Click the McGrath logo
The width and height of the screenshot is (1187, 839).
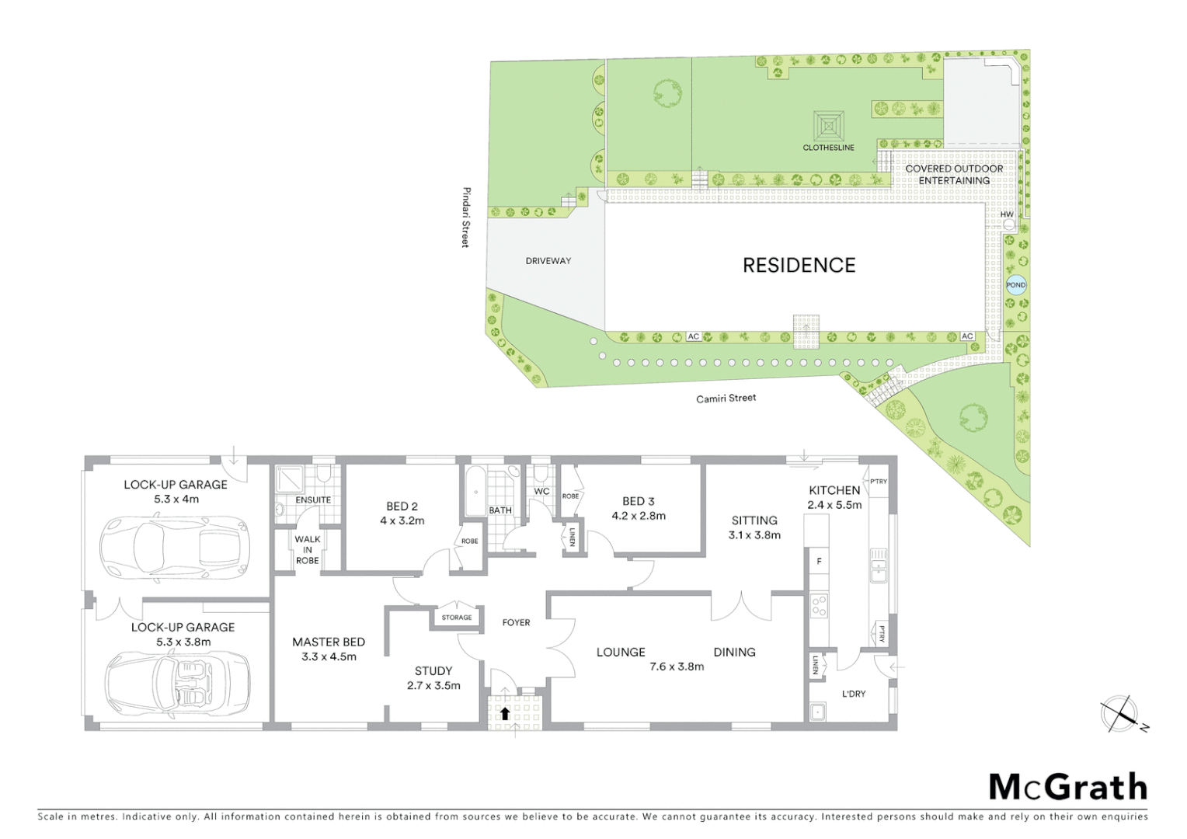coord(1067,787)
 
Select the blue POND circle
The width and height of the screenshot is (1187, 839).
coord(1015,285)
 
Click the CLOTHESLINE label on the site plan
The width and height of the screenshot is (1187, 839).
coord(828,148)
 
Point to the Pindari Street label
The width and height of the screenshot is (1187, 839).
coord(466,217)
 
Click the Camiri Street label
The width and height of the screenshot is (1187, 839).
coord(726,398)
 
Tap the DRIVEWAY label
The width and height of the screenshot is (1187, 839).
coord(548,261)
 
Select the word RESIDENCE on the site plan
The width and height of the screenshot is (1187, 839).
coord(799,266)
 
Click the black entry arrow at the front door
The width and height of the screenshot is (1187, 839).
coord(505,713)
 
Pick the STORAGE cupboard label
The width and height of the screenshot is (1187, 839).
coord(456,618)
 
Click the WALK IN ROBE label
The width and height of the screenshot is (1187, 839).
coord(308,549)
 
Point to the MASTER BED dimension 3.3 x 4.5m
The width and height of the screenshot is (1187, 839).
coord(329,656)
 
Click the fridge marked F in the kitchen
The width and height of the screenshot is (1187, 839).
coord(818,561)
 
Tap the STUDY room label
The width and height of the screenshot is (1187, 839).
coord(433,670)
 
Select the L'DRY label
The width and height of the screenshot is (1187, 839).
coord(854,694)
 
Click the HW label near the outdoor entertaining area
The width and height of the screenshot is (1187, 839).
coord(1006,214)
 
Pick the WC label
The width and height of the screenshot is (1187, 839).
coord(541,492)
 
